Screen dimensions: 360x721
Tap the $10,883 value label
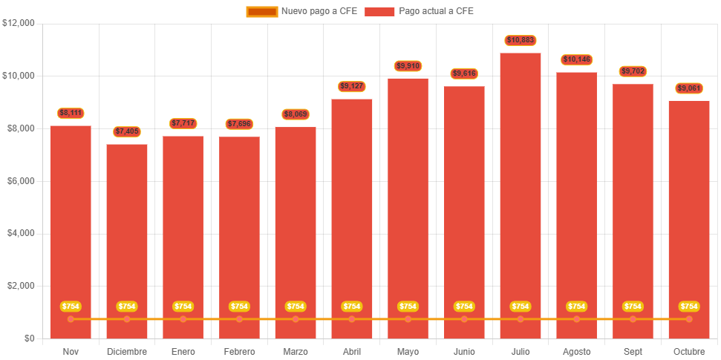point(521,40)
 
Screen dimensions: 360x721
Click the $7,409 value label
point(127,131)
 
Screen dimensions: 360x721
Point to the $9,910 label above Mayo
point(408,66)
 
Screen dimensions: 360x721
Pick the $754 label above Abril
point(352,307)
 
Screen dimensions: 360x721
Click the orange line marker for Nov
point(71,319)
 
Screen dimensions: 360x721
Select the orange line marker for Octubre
point(689,319)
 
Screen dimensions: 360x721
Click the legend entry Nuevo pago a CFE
point(301,11)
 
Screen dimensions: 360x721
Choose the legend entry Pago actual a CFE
point(420,11)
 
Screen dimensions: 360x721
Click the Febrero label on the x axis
point(239,351)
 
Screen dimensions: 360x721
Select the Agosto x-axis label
point(577,351)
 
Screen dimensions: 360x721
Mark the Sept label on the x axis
point(633,351)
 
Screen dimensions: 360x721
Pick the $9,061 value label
point(689,88)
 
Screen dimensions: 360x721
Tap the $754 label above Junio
point(464,307)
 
